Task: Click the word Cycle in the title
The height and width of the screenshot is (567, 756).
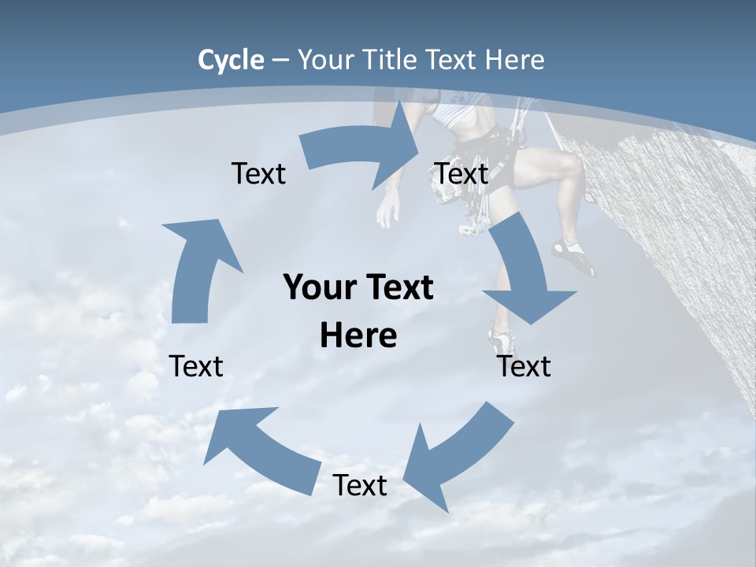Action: click(x=231, y=60)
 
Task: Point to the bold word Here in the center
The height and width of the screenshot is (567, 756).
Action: click(x=358, y=336)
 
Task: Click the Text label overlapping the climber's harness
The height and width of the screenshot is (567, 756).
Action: click(x=461, y=173)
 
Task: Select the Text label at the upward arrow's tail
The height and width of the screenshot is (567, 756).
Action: click(x=196, y=366)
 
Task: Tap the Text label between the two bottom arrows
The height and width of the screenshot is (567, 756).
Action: click(x=360, y=486)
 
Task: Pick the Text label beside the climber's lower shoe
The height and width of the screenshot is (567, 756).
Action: click(x=524, y=366)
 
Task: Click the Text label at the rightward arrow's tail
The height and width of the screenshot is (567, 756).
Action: click(x=258, y=173)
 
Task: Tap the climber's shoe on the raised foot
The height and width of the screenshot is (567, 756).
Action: click(x=573, y=257)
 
